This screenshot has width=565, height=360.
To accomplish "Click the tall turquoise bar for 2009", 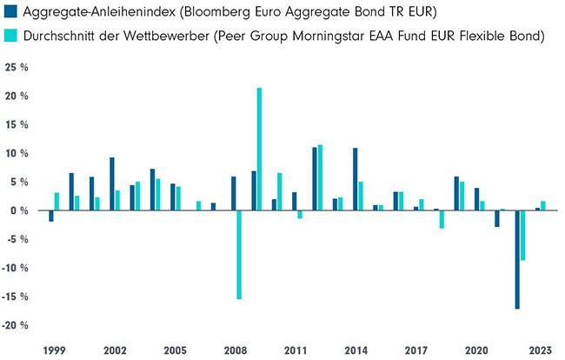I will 259,149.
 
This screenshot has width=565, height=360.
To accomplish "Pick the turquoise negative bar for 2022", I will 523,236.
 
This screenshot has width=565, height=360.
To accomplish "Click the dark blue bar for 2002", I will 111,183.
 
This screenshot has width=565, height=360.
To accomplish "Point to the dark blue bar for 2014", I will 355,179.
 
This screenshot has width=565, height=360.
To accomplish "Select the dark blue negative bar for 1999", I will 50,216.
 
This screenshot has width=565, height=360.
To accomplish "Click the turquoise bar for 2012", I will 320,177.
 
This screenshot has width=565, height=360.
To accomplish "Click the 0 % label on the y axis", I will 20,210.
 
